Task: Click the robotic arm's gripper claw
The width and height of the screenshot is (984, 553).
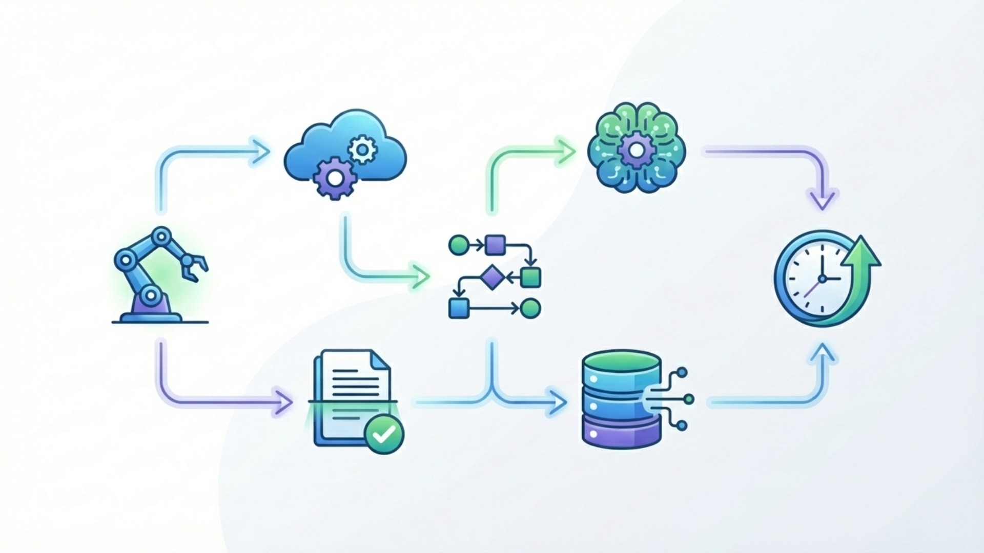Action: click(x=194, y=266)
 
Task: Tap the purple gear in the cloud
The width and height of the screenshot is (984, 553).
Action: click(x=334, y=178)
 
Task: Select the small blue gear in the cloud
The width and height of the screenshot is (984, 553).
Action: click(x=362, y=150)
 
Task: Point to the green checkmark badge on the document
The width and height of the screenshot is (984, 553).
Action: click(x=384, y=434)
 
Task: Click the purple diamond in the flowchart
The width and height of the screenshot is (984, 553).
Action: click(x=492, y=277)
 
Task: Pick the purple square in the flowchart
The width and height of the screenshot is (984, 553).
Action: click(x=495, y=245)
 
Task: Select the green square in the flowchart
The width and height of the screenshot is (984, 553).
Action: click(x=530, y=277)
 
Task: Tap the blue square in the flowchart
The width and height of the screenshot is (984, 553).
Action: click(x=459, y=308)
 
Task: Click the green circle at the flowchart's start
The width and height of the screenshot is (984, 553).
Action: click(x=458, y=245)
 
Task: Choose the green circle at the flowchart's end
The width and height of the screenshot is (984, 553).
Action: click(x=530, y=308)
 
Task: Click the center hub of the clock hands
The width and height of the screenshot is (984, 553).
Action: click(x=823, y=279)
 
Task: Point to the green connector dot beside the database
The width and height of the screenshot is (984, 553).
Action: click(x=688, y=398)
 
